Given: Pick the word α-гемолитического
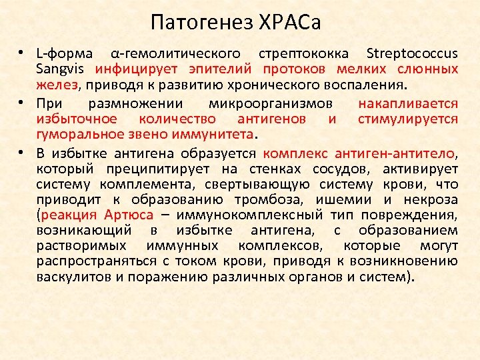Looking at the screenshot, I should (175, 54).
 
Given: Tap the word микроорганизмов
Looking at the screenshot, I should (271, 103).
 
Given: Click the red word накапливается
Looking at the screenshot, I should (408, 103).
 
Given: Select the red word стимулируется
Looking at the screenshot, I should (408, 119).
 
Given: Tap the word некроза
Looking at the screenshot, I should (429, 199).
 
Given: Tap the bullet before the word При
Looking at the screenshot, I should (22, 103).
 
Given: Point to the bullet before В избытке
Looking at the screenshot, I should (22, 153).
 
